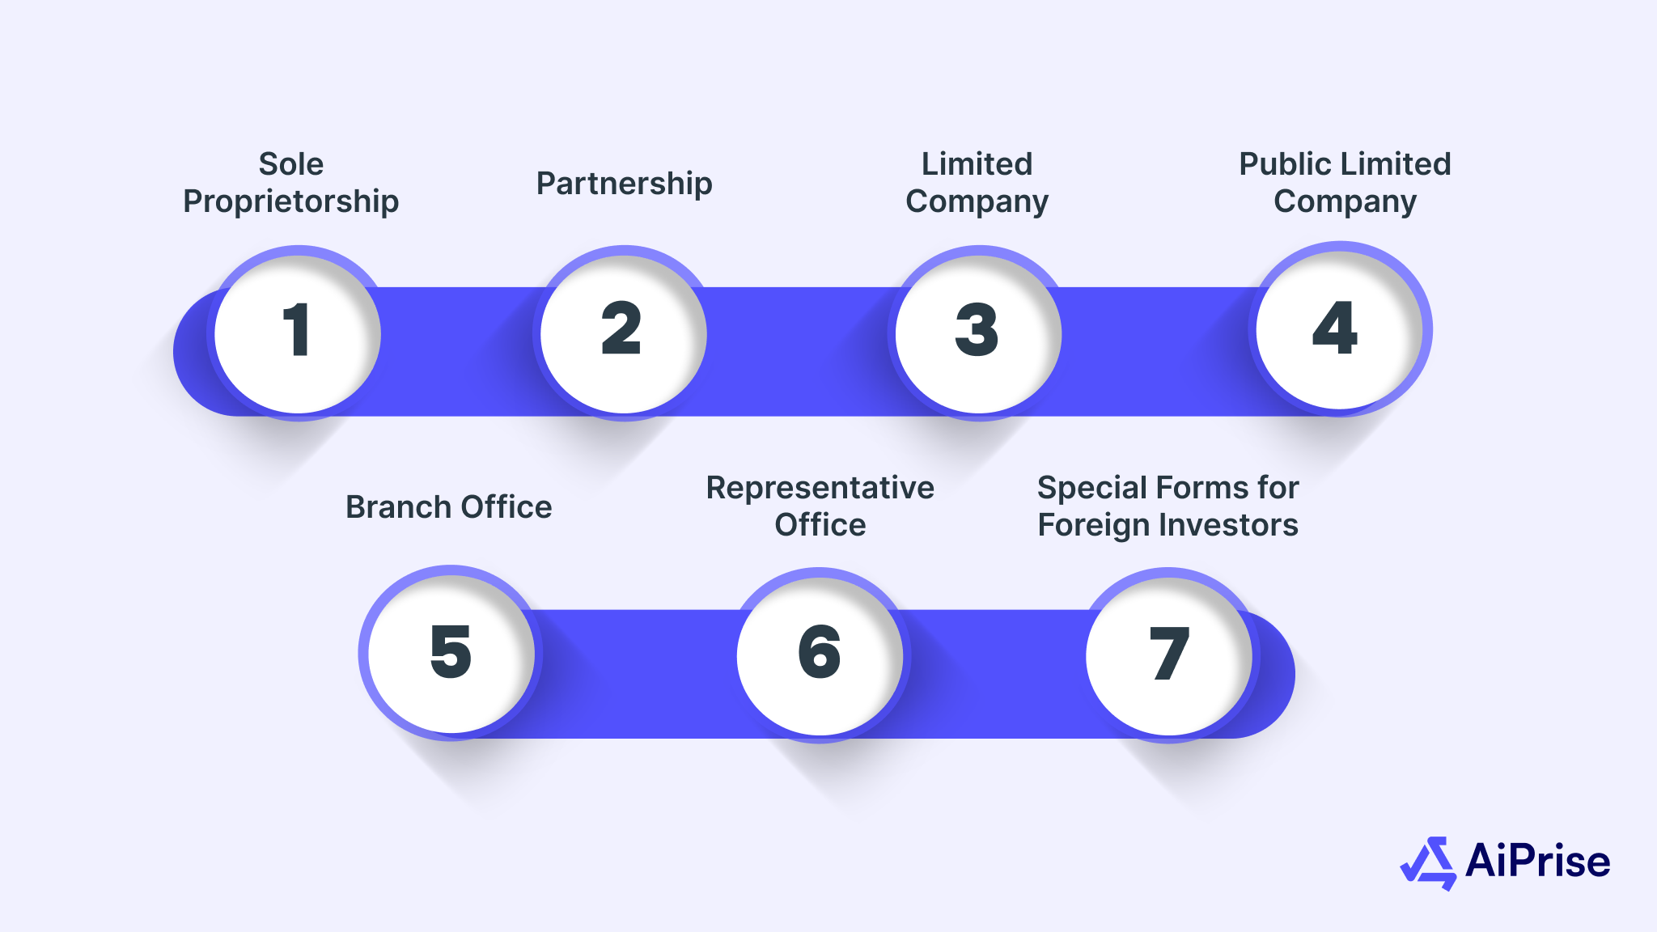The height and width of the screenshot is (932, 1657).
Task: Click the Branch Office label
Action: (449, 507)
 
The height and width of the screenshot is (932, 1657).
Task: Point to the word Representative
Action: (820, 488)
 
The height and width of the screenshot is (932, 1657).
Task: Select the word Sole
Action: (291, 164)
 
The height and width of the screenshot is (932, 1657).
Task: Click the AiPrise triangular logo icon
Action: (1429, 862)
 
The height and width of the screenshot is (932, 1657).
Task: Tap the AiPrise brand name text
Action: (1537, 861)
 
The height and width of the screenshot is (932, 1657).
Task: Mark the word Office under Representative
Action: (820, 526)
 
